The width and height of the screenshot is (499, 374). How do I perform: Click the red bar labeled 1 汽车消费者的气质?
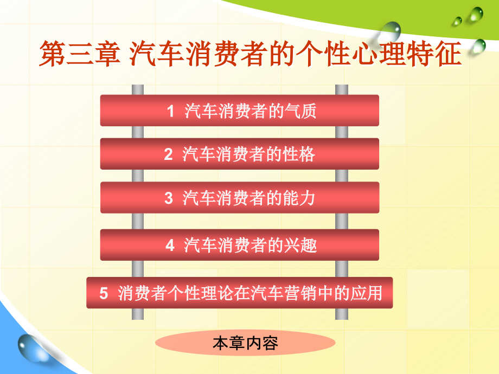(239, 111)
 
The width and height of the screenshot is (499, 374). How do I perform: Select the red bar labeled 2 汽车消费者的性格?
(239, 154)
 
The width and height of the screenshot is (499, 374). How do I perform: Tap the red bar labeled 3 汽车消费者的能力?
(239, 197)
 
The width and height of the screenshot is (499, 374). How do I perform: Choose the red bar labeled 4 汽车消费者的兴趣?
(239, 245)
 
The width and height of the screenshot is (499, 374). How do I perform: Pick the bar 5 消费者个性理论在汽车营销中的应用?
(239, 293)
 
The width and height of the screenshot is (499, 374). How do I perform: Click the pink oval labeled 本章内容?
(245, 343)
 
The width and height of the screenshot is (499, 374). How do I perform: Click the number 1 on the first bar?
(170, 112)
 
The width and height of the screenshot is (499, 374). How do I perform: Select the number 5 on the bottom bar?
(104, 294)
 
